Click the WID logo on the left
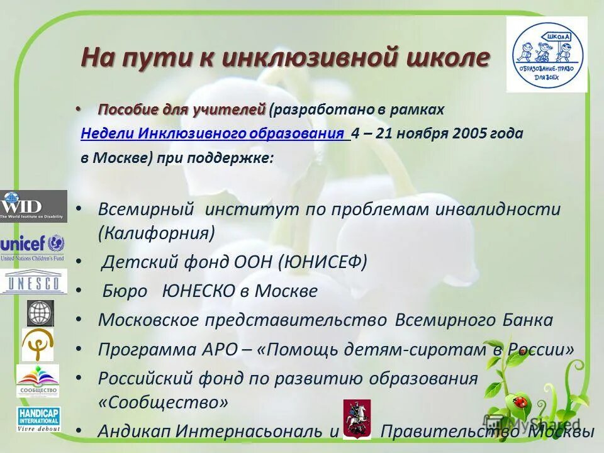coord(33,206)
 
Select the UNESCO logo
coord(33,282)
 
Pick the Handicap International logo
coord(38,419)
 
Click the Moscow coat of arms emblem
coord(357,419)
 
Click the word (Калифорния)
coord(156,233)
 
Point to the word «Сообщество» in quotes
coord(163,401)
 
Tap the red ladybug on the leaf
coord(520,400)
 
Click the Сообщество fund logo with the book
coord(38,380)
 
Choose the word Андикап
coord(135,431)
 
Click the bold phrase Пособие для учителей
coord(182,109)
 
